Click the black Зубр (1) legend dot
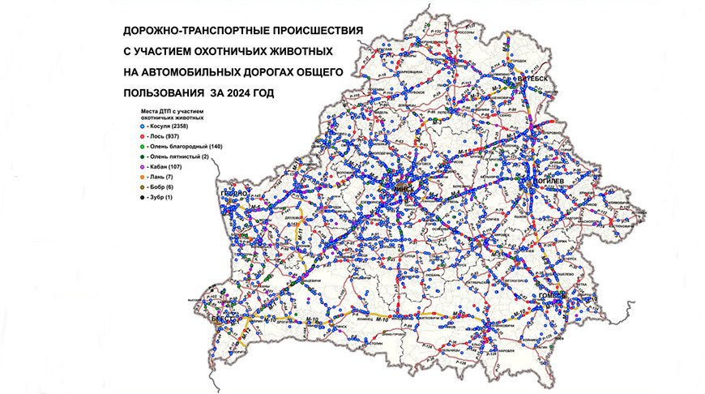pos(141,197)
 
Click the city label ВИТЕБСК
pos(536,78)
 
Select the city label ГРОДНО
pos(233,196)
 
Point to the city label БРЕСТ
pos(220,321)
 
